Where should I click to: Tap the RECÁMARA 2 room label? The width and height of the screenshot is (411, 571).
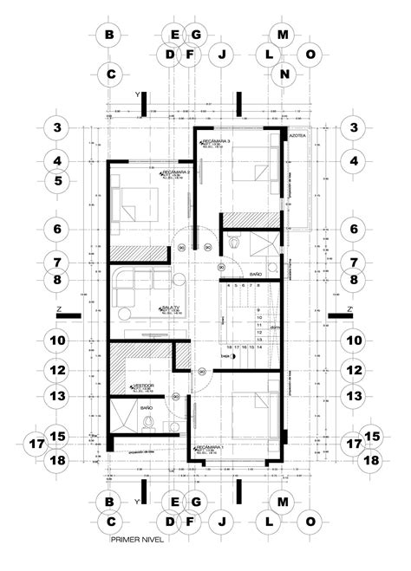tap(176, 172)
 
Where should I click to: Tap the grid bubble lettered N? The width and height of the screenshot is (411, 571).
tap(284, 75)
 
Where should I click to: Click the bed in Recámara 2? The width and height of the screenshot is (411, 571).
tap(130, 205)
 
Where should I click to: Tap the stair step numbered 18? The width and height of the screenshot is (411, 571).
tap(231, 346)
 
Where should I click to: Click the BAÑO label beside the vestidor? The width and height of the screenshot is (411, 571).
tap(147, 406)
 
